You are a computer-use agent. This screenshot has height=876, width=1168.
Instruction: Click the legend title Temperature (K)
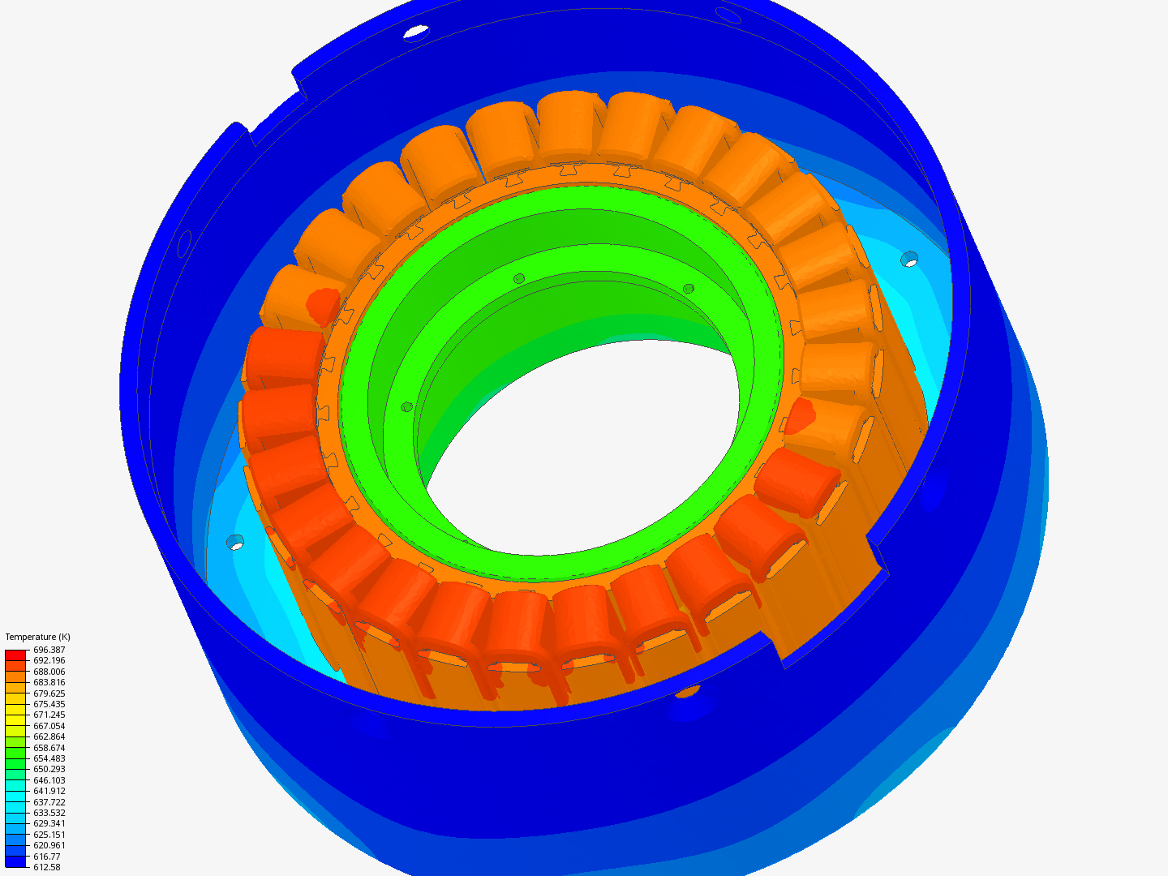click(37, 637)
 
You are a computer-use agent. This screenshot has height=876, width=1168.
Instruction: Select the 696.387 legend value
click(49, 650)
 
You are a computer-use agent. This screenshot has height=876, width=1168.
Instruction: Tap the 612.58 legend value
click(46, 867)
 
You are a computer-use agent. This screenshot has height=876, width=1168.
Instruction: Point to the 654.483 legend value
click(49, 758)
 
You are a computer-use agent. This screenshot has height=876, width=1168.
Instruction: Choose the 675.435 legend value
click(49, 704)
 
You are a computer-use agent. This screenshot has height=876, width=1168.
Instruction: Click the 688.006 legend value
click(49, 672)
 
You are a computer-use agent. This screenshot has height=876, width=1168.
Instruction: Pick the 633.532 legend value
click(49, 813)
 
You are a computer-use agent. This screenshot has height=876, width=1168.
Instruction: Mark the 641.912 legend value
click(49, 791)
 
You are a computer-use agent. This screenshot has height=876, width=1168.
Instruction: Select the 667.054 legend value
click(49, 726)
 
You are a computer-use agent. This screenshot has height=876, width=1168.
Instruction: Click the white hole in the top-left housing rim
click(416, 32)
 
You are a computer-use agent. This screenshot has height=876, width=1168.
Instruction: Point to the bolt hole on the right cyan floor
click(910, 260)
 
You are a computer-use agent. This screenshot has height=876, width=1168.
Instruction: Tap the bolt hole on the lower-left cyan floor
click(235, 542)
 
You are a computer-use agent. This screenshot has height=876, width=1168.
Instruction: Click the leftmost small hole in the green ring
click(407, 406)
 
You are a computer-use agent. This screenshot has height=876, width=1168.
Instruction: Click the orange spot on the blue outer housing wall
click(687, 691)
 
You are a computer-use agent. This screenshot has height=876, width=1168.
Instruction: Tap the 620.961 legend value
click(49, 845)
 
